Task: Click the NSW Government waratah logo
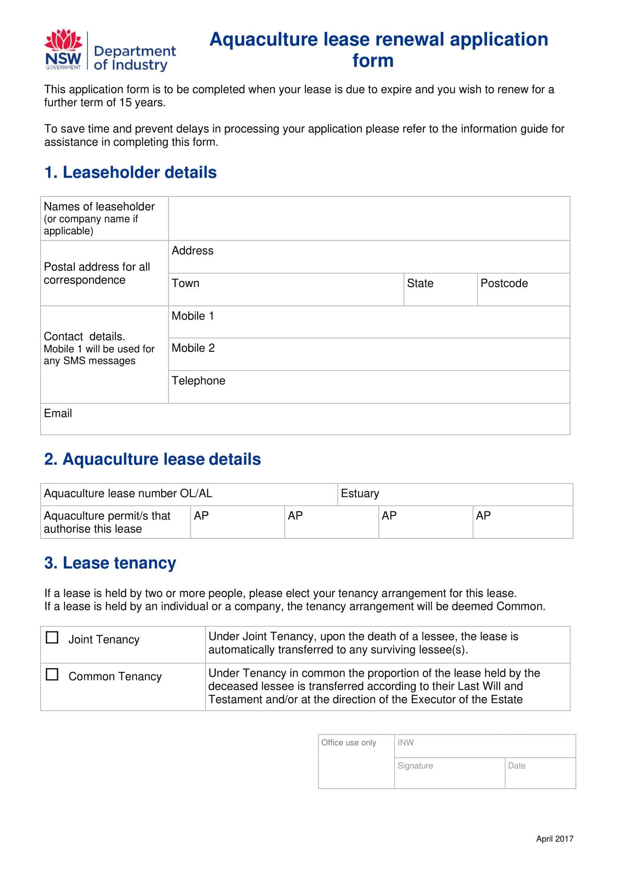[x=63, y=49]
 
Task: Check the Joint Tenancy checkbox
[x=52, y=637]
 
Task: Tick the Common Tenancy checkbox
[x=52, y=674]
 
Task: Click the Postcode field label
[x=504, y=283]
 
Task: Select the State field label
[x=420, y=283]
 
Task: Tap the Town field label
[x=185, y=283]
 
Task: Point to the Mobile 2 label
[x=193, y=348]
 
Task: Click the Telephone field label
[x=198, y=381]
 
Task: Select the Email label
[x=58, y=414]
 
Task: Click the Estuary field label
[x=360, y=493]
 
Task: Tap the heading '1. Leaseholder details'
[x=131, y=172]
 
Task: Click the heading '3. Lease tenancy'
[x=110, y=563]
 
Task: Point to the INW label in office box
[x=405, y=742]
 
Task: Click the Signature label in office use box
[x=415, y=766]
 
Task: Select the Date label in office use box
[x=516, y=766]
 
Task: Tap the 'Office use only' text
[x=348, y=742]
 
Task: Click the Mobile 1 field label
[x=193, y=316]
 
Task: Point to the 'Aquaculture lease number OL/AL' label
[x=128, y=493]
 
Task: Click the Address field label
[x=192, y=251]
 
